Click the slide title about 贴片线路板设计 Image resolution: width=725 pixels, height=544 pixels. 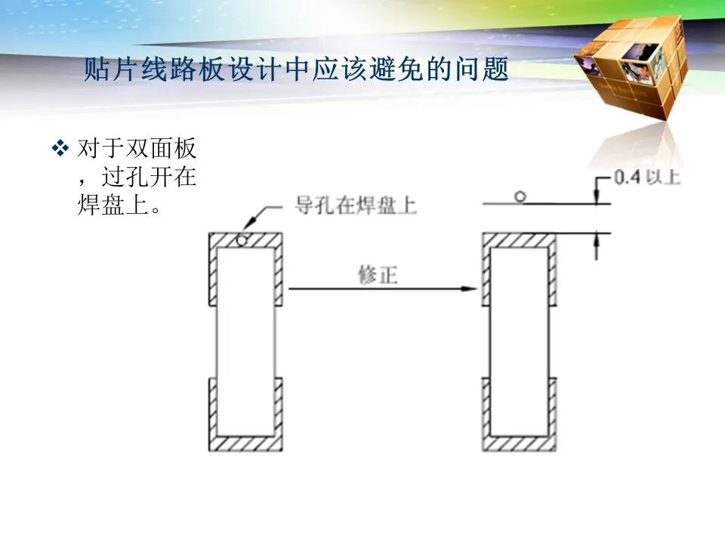[x=296, y=69]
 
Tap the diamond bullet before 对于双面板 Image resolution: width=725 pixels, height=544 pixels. [x=60, y=149]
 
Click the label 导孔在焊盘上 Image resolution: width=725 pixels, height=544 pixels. [x=356, y=206]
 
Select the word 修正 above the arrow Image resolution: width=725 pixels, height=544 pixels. [x=378, y=275]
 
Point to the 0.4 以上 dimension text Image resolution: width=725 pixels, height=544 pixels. [x=647, y=177]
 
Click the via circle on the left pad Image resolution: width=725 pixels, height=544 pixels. [x=242, y=240]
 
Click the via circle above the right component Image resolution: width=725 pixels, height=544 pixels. [x=520, y=197]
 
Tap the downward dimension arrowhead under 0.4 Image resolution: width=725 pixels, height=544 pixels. [x=597, y=197]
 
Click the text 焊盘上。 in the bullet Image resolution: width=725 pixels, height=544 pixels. [x=119, y=204]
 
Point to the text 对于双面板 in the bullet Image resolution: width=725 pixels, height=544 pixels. [x=137, y=149]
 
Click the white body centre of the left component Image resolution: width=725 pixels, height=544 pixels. [x=245, y=342]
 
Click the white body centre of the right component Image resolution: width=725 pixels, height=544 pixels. [x=520, y=342]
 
